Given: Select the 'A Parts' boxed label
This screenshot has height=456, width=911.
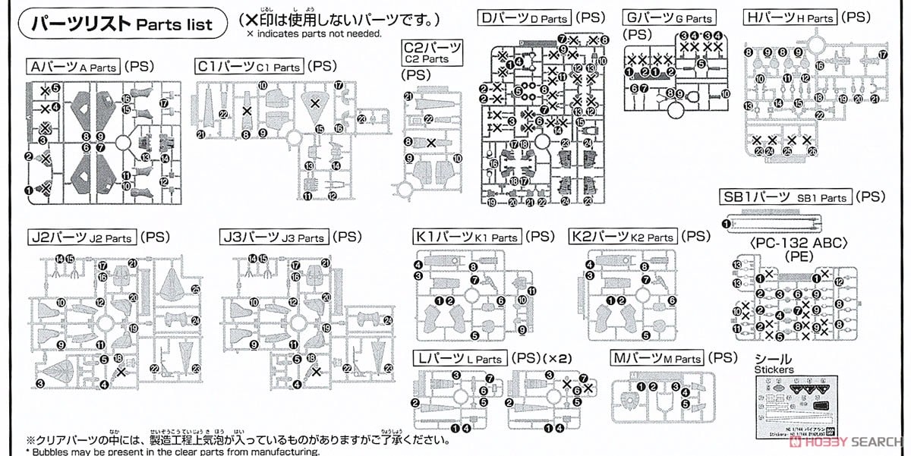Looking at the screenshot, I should click(73, 67).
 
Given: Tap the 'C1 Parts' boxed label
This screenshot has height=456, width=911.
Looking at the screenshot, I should click(249, 67).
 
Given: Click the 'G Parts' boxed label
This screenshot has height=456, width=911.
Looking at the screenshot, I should click(668, 17).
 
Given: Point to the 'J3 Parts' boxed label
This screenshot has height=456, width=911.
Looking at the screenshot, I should click(274, 237).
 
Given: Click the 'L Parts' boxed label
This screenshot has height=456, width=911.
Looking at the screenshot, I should click(459, 358).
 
